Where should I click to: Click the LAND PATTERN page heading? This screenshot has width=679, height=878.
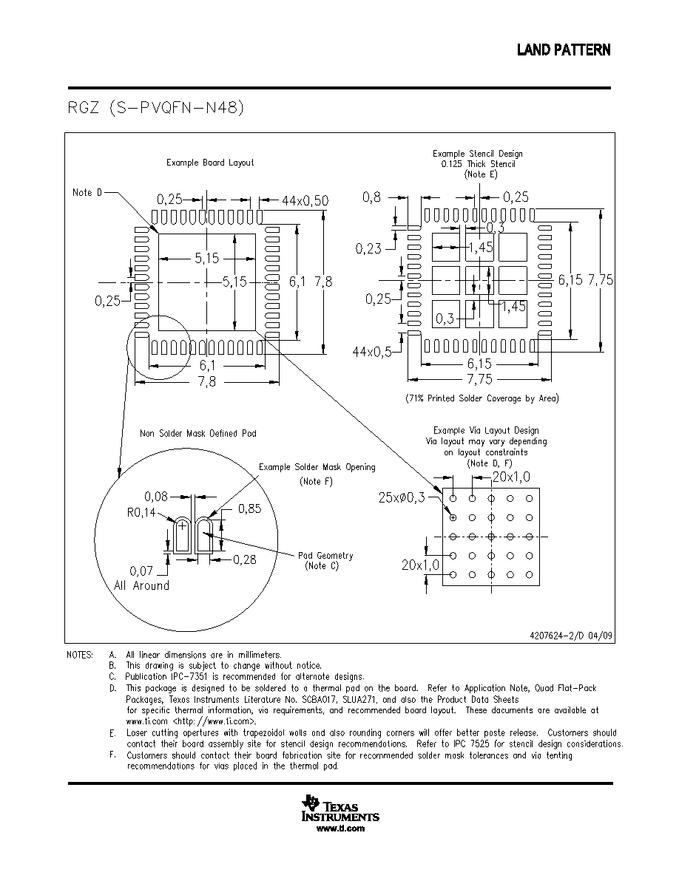[x=563, y=50]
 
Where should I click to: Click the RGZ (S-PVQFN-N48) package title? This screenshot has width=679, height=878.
[x=156, y=107]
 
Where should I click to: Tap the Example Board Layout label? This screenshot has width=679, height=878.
[x=210, y=163]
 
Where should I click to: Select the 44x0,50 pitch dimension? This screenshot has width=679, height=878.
[x=305, y=200]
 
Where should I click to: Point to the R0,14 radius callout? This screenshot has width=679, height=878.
[x=141, y=511]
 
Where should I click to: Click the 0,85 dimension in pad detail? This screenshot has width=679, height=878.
[x=249, y=508]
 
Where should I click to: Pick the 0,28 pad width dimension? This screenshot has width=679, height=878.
[x=244, y=559]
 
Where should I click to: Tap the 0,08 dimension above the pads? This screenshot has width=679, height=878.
[x=156, y=496]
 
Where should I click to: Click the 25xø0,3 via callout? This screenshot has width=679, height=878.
[x=402, y=497]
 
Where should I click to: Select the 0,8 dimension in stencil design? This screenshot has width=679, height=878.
[x=371, y=197]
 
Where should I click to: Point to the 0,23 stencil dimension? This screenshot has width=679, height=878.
[x=368, y=248]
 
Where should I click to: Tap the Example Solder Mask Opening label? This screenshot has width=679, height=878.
[x=317, y=467]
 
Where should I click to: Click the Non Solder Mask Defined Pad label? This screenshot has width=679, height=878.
[x=197, y=433]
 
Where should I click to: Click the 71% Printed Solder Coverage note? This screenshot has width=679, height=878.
[x=482, y=398]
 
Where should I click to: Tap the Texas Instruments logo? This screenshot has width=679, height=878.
[x=340, y=807]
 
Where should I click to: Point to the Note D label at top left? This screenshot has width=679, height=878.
[x=87, y=193]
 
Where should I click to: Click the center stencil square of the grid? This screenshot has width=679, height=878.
[x=479, y=281]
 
